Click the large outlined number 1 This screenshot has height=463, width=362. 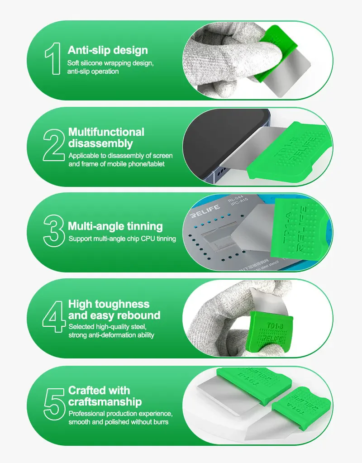pos(53,58)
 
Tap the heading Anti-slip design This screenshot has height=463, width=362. pos(108,50)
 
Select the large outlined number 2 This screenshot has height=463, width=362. pos(54,145)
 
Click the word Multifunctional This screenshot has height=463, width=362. pos(106,132)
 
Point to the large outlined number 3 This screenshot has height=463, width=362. pos(54,231)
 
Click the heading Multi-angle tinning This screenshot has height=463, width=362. pos(115,226)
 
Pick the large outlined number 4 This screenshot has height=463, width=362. pos(53,316)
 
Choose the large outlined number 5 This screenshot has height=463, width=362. pos(54,404)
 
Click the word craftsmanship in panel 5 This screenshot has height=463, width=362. pos(105,402)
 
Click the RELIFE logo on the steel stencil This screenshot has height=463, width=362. pos(205,211)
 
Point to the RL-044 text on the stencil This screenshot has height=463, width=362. pos(235,199)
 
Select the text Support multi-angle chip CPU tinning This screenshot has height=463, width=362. pos(122,239)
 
